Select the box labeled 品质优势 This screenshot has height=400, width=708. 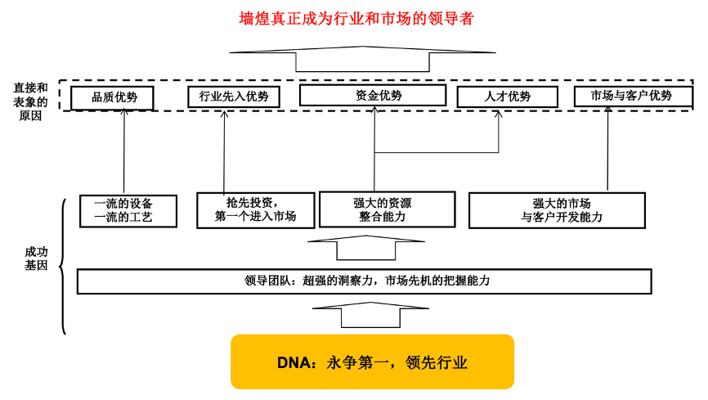click(x=114, y=97)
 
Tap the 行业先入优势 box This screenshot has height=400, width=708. click(x=234, y=97)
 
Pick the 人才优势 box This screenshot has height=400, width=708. click(x=508, y=97)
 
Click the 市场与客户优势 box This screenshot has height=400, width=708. click(x=631, y=96)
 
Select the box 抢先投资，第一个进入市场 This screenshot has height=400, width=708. click(x=255, y=209)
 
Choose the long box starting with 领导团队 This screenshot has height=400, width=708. click(x=365, y=281)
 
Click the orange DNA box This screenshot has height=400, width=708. click(x=372, y=362)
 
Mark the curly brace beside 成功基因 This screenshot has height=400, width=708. click(x=63, y=266)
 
